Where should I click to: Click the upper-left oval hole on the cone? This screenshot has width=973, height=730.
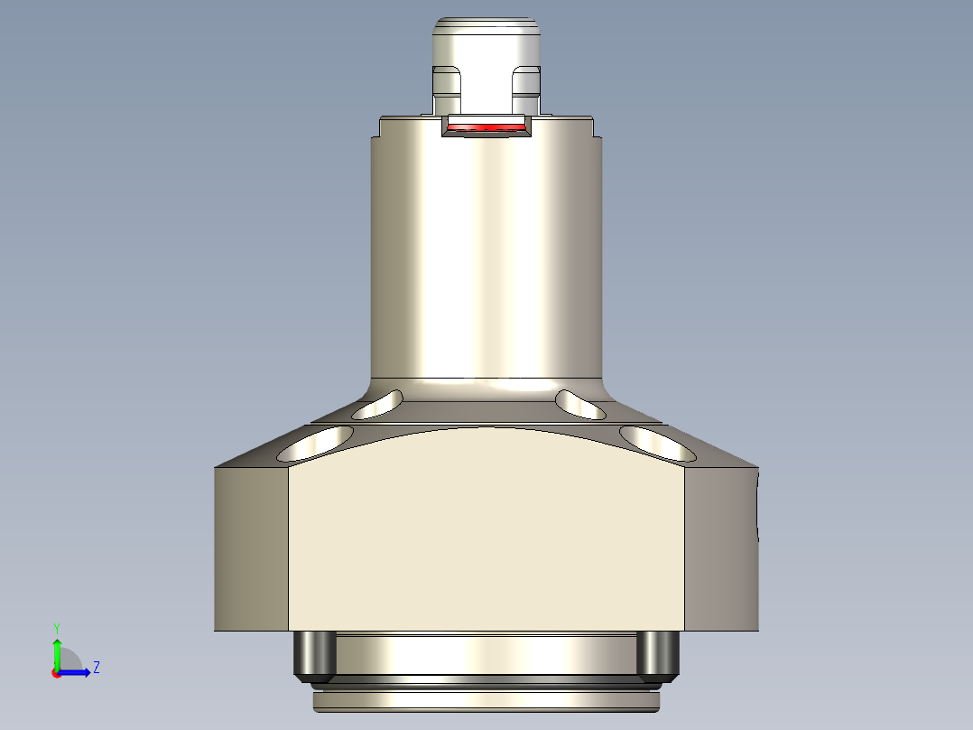[x=377, y=405]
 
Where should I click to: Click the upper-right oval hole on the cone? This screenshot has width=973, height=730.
[x=580, y=405]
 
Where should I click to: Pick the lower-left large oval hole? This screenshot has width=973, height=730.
[x=316, y=442]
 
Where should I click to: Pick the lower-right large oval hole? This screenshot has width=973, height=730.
[x=658, y=442]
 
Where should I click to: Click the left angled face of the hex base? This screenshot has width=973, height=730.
[x=251, y=548]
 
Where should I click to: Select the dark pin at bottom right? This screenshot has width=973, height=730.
[x=658, y=655]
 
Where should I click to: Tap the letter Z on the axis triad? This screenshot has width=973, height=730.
[x=97, y=668]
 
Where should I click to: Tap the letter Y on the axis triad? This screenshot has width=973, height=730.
[x=56, y=627]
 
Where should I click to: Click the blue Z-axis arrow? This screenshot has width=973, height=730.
[x=76, y=672]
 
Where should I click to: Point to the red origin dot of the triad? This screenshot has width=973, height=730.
[x=57, y=673]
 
